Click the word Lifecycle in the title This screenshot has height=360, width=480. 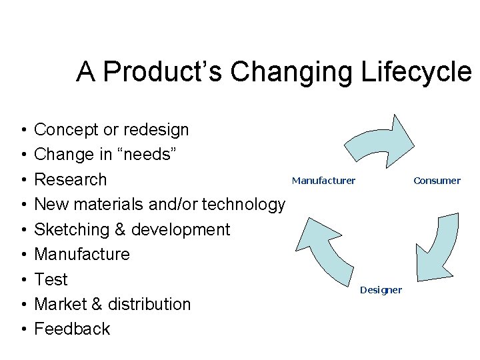416,71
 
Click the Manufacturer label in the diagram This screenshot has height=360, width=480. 323,181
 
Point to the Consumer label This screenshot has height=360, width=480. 437,181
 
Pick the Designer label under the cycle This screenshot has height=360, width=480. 381,290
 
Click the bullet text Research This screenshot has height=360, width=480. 70,179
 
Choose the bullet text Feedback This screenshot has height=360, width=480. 72,329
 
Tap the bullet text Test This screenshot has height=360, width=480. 51,279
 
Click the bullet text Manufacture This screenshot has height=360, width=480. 82,254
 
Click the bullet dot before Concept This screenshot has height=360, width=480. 23,129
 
